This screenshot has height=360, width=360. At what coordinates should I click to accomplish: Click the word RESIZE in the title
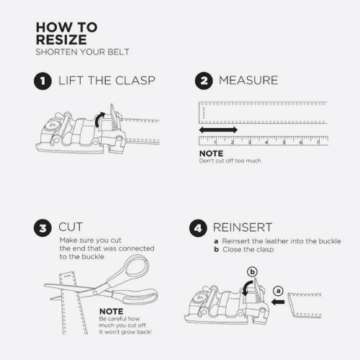pyautogui.click(x=61, y=40)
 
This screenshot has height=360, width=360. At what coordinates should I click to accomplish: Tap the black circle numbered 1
pyautogui.click(x=42, y=81)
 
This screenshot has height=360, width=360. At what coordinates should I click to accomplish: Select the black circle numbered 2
pyautogui.click(x=204, y=81)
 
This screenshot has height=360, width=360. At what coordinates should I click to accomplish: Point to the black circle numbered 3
pyautogui.click(x=42, y=228)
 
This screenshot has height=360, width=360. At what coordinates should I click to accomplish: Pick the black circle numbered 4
pyautogui.click(x=198, y=228)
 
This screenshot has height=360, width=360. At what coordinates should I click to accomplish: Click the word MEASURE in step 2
pyautogui.click(x=248, y=81)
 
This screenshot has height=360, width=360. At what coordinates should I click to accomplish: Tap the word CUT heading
pyautogui.click(x=71, y=227)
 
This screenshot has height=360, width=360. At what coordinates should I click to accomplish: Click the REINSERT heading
pyautogui.click(x=243, y=228)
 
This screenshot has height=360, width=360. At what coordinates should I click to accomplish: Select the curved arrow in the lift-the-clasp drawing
pyautogui.click(x=98, y=120)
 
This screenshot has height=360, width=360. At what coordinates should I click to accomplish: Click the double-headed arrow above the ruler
pyautogui.click(x=218, y=130)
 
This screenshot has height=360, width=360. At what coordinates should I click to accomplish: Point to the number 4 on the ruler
pyautogui.click(x=266, y=143)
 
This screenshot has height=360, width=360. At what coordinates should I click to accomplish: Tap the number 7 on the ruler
pyautogui.click(x=318, y=143)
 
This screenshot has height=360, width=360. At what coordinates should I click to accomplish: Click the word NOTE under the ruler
pyautogui.click(x=211, y=153)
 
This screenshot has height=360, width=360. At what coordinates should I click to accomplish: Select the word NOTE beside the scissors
pyautogui.click(x=112, y=311)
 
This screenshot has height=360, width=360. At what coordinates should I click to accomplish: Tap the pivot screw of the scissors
pyautogui.click(x=95, y=292)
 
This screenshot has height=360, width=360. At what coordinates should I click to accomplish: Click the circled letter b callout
pyautogui.click(x=252, y=272)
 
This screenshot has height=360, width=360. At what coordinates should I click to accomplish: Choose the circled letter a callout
pyautogui.click(x=278, y=291)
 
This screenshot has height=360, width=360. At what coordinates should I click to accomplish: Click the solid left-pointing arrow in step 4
pyautogui.click(x=278, y=302)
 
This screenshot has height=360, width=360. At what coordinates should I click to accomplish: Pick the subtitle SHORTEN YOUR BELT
pyautogui.click(x=82, y=52)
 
